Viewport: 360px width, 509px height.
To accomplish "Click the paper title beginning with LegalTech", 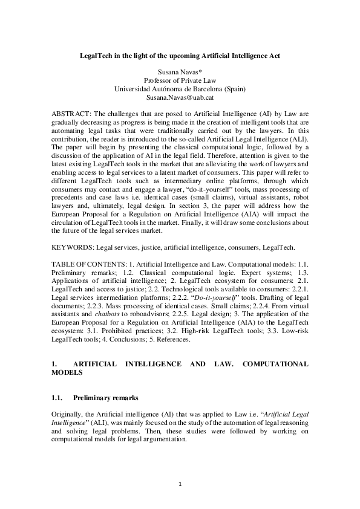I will (x=180, y=56).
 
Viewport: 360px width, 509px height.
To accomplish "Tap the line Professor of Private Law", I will (x=180, y=80).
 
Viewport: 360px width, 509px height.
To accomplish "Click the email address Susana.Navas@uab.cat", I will (x=180, y=97).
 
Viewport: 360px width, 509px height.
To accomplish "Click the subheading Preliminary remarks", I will (x=106, y=398).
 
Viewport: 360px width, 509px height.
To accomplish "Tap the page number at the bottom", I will (x=180, y=484).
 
